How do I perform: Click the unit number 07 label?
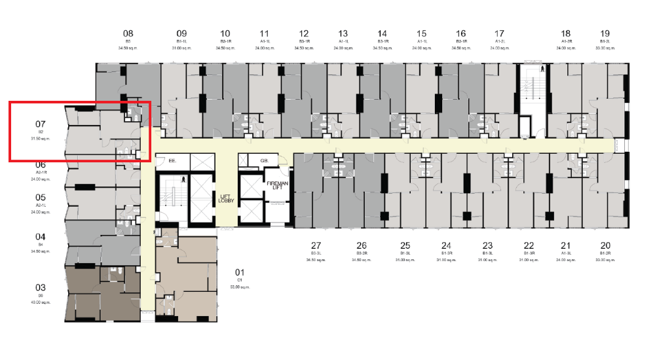[x=41, y=123]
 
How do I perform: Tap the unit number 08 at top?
[x=128, y=33]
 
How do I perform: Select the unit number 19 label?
[x=605, y=33]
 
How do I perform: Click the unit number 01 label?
[x=239, y=272]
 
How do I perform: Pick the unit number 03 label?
[x=41, y=287]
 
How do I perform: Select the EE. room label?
[x=173, y=160]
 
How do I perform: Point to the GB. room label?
[x=265, y=160]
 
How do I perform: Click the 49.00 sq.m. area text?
[x=41, y=303]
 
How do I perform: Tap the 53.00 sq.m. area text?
[x=239, y=287]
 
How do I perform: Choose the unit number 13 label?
[x=343, y=33]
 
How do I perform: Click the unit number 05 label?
[x=41, y=197]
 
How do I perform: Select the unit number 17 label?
[x=500, y=33]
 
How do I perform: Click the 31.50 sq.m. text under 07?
[x=41, y=139]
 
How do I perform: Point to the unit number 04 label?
[x=41, y=237]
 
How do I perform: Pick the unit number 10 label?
[x=225, y=33]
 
